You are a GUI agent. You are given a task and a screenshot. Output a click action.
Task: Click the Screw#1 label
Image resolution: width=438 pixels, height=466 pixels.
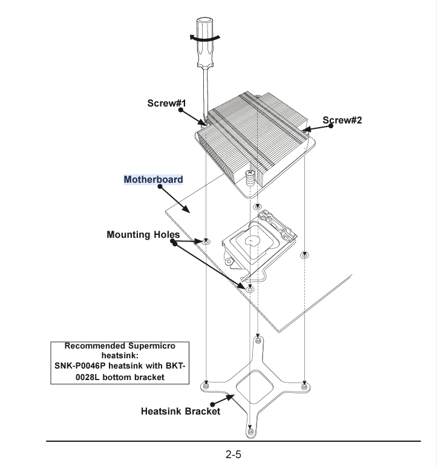pos(166,103)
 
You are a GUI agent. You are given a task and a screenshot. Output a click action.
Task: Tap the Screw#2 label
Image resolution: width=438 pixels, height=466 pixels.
pos(342,120)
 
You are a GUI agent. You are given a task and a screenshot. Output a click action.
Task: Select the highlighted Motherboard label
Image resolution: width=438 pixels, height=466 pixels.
pos(153,180)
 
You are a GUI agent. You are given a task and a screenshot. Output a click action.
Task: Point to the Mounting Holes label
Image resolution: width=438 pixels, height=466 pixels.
pos(143,234)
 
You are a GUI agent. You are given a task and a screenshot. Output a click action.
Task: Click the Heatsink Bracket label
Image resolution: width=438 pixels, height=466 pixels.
pos(180,412)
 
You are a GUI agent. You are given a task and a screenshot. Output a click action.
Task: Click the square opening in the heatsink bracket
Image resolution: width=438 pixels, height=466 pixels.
pos(255,387)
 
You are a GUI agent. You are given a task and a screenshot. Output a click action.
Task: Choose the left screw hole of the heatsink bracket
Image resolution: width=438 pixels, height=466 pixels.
pos(207,384)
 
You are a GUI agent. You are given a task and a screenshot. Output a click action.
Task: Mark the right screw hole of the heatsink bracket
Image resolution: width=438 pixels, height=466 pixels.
pos(304,384)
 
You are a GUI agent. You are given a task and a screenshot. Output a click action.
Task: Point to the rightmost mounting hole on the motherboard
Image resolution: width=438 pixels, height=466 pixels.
pos(303,255)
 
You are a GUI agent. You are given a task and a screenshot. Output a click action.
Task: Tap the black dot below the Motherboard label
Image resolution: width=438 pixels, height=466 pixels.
pos(160,188)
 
